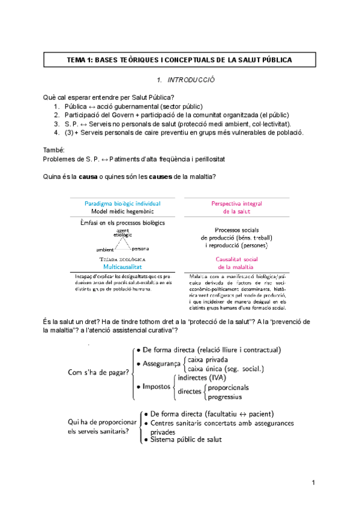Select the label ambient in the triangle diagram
pos(105,249)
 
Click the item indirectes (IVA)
pos(202,378)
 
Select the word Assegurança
pos(161,364)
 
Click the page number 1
pos(313,483)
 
